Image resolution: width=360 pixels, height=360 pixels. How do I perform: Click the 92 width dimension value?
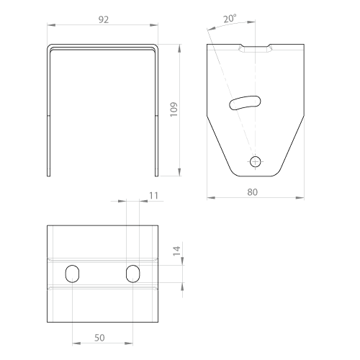(x=104, y=19)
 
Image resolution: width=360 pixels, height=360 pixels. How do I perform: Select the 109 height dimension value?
(x=174, y=109)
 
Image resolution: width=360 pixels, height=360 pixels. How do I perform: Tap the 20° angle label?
(x=230, y=19)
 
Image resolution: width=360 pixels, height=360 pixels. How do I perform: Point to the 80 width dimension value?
(x=252, y=192)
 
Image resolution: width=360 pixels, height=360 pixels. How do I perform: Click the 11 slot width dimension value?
(x=153, y=196)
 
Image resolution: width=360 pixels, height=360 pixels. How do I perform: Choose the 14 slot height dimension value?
(x=177, y=251)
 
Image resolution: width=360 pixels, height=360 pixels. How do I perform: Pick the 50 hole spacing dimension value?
(x=99, y=338)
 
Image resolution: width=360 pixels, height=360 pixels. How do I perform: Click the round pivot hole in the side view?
(x=255, y=161)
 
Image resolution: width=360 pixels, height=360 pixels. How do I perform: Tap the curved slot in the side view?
(x=245, y=103)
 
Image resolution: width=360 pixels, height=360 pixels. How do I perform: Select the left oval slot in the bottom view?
(x=72, y=274)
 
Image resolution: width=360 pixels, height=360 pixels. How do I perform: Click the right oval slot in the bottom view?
(x=132, y=274)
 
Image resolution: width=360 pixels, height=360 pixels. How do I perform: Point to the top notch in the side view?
(x=255, y=48)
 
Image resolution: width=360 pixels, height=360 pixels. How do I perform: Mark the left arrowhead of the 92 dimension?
(x=51, y=25)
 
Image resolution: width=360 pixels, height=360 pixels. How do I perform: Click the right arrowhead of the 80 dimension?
(x=300, y=198)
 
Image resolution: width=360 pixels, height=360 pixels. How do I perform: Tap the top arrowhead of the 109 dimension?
(x=179, y=48)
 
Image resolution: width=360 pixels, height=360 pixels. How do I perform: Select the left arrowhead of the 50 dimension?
(x=76, y=343)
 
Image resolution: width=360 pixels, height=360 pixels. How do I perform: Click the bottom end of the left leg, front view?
(x=49, y=176)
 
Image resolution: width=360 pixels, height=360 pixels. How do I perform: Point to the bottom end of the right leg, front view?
(x=157, y=176)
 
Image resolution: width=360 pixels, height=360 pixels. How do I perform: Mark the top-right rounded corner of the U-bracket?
(x=156, y=47)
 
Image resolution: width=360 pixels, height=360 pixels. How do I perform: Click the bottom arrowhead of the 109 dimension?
(x=179, y=172)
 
